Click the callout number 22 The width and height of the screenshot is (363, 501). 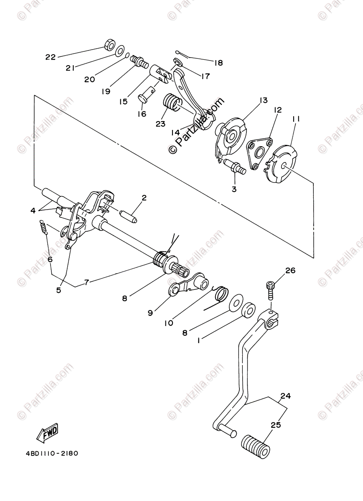click(50, 57)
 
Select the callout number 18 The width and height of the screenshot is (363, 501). click(218, 63)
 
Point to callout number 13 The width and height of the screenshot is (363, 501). click(263, 101)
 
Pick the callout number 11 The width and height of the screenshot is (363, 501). click(296, 119)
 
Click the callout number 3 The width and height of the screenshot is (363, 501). click(234, 189)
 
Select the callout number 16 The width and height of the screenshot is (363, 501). click(142, 114)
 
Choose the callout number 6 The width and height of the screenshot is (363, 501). click(50, 259)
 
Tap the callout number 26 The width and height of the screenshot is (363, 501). click(290, 271)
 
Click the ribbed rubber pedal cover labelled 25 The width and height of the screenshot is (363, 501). click(256, 445)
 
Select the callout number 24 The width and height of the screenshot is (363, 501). click(285, 395)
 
